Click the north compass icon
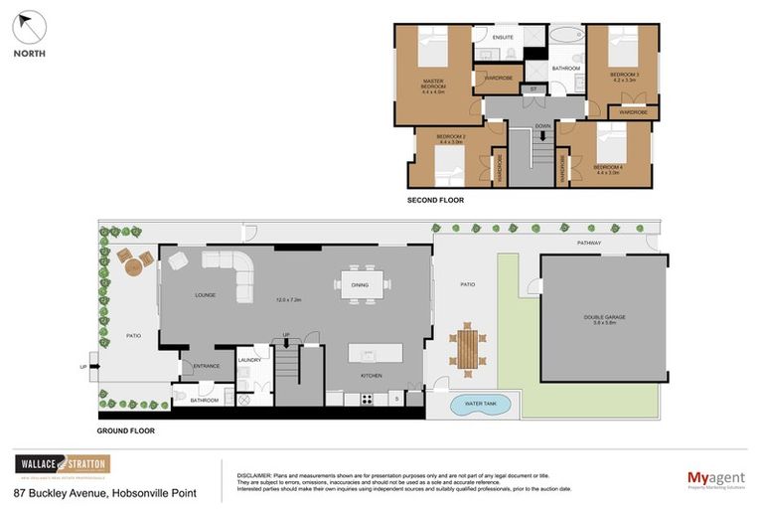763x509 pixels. coord(30,28)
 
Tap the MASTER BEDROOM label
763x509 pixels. coord(432,84)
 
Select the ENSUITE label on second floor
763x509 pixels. coord(503,37)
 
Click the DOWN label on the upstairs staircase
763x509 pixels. coord(542,126)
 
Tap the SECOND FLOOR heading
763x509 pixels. coord(435,200)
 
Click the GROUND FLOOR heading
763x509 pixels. coord(126,431)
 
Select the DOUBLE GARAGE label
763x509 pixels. coord(604,318)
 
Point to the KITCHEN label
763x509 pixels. coord(371,375)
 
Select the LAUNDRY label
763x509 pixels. coord(249,360)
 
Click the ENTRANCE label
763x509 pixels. coord(206,366)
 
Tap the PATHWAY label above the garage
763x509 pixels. coord(591,243)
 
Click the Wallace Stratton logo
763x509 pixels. coord(62,465)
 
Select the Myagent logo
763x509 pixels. coord(716,479)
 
